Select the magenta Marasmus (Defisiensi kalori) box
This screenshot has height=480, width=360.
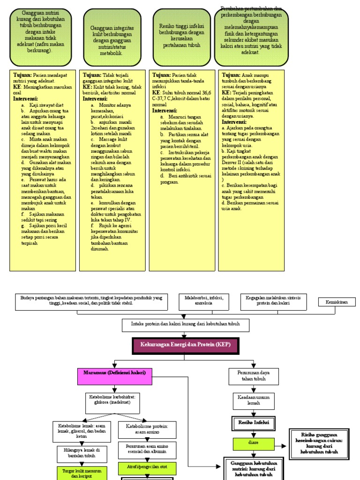click(x=115, y=376)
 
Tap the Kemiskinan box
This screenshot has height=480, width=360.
click(x=337, y=302)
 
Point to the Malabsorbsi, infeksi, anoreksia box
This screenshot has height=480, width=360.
click(x=204, y=300)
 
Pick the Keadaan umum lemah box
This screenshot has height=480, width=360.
click(x=254, y=400)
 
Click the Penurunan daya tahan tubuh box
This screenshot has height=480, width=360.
click(x=254, y=375)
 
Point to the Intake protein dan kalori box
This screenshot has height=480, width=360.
click(x=186, y=324)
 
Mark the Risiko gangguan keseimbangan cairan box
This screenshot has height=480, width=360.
click(x=319, y=444)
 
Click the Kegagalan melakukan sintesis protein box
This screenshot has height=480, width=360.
click(x=273, y=300)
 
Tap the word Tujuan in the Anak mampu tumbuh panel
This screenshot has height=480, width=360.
click(x=231, y=75)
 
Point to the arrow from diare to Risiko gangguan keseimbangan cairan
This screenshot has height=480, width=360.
click(x=281, y=447)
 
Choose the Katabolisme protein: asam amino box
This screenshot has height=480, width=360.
click(x=147, y=428)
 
